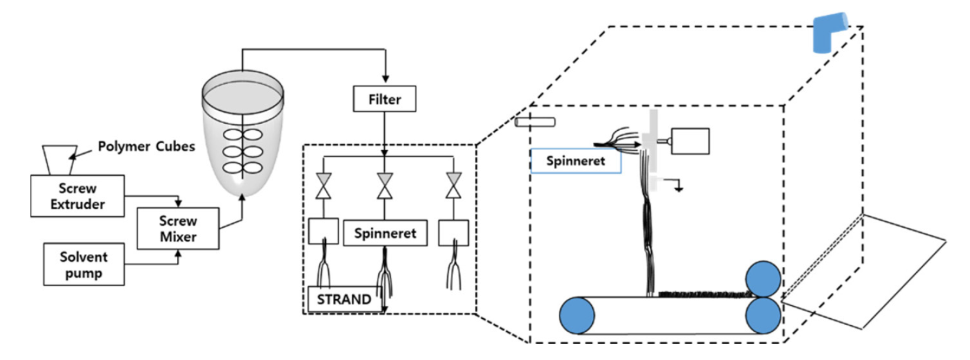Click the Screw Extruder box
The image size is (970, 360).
[x=77, y=196]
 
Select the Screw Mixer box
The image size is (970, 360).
[x=178, y=228]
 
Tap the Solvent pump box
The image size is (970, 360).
[x=84, y=265]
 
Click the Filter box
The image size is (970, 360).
[x=384, y=99]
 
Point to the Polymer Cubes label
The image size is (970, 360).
[x=146, y=146]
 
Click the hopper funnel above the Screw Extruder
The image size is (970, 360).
[x=60, y=160]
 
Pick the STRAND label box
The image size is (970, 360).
[x=344, y=299]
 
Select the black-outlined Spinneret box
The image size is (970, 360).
[x=385, y=233]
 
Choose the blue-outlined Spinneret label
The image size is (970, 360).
[x=576, y=161]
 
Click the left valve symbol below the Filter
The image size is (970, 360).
[x=324, y=186]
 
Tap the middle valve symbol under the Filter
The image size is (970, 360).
[x=385, y=186]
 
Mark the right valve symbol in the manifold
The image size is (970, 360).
[x=453, y=186]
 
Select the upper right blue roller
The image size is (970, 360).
[x=763, y=279]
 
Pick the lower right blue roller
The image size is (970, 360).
[x=763, y=315]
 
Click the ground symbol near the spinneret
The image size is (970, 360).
[x=679, y=188]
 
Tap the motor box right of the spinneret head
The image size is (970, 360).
[x=690, y=141]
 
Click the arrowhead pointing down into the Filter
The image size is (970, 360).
[x=385, y=79]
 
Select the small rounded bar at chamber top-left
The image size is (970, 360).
[x=535, y=123]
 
